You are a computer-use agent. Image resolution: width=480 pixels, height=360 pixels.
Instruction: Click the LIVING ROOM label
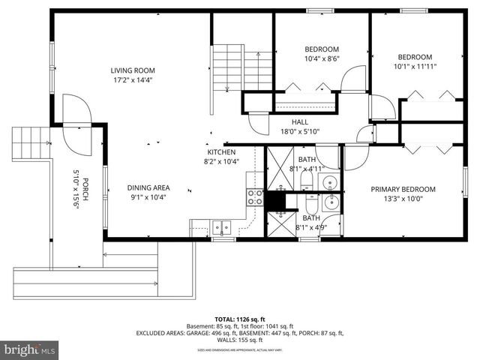pos(133,70)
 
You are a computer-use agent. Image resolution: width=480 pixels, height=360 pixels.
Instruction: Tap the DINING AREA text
pos(148,187)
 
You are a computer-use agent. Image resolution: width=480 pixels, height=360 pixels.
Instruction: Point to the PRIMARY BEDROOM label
pos(403,189)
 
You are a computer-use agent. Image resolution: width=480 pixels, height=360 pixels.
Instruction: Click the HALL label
pos(300,122)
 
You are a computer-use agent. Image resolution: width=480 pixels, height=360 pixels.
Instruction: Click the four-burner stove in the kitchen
pos(255,196)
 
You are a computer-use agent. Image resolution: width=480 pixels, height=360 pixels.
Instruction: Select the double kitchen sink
pos(220,226)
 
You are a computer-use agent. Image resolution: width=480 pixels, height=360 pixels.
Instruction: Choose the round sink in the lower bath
pos(330,201)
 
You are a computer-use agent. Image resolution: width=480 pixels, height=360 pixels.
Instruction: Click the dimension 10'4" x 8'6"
pos(322,58)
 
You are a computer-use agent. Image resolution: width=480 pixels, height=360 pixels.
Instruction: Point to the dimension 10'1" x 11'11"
pos(415,67)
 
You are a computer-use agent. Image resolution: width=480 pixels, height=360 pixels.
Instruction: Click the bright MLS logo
pos(30,349)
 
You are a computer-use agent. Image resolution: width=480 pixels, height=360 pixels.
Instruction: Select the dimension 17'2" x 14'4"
pos(133,79)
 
